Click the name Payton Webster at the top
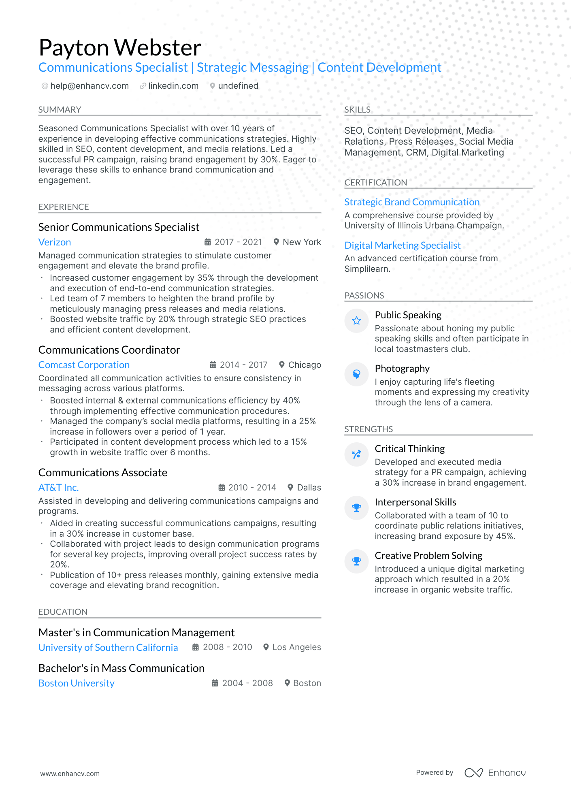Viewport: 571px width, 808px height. click(120, 47)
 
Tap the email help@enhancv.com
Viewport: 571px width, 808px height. click(89, 86)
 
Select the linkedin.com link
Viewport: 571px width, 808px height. click(173, 86)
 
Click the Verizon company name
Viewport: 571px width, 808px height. click(55, 242)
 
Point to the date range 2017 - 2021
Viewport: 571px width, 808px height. click(238, 242)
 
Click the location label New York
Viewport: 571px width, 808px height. click(302, 242)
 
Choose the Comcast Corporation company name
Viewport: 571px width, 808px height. click(84, 365)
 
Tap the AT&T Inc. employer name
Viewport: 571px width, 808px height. click(58, 488)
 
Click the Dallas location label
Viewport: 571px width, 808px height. click(309, 488)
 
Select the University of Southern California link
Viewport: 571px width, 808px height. click(108, 648)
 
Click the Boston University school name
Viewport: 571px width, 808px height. click(76, 683)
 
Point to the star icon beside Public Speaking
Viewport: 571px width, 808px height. click(356, 321)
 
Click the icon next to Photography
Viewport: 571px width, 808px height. click(356, 374)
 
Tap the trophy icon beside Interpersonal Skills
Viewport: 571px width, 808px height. click(356, 508)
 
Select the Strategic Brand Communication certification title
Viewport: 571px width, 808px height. click(412, 202)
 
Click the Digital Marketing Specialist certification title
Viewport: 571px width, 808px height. click(403, 245)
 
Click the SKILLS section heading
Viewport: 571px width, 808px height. click(357, 110)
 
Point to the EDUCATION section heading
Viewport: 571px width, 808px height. click(63, 612)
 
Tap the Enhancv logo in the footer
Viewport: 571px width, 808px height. click(495, 773)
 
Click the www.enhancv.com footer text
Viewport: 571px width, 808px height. click(70, 774)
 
